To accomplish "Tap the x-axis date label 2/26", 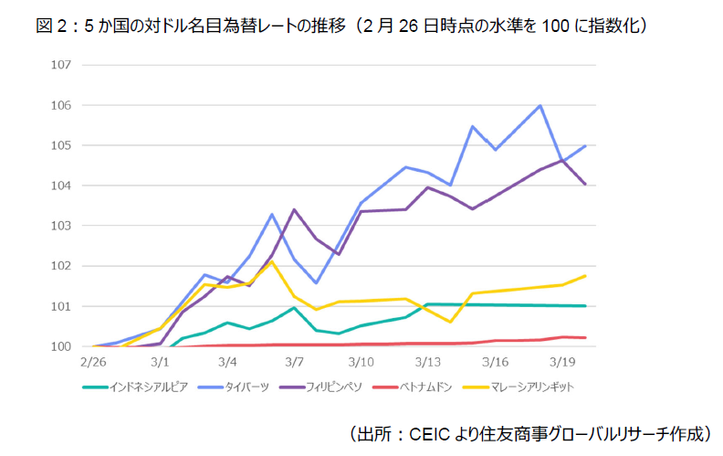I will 92,364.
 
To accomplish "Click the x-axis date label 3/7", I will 294,364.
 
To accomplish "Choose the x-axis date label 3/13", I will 429,364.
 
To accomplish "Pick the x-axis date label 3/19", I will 563,364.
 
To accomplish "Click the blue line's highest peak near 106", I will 540,106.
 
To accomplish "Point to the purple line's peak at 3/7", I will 294,210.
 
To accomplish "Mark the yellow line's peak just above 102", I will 272,261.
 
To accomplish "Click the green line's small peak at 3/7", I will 294,307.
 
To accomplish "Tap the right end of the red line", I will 585,338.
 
